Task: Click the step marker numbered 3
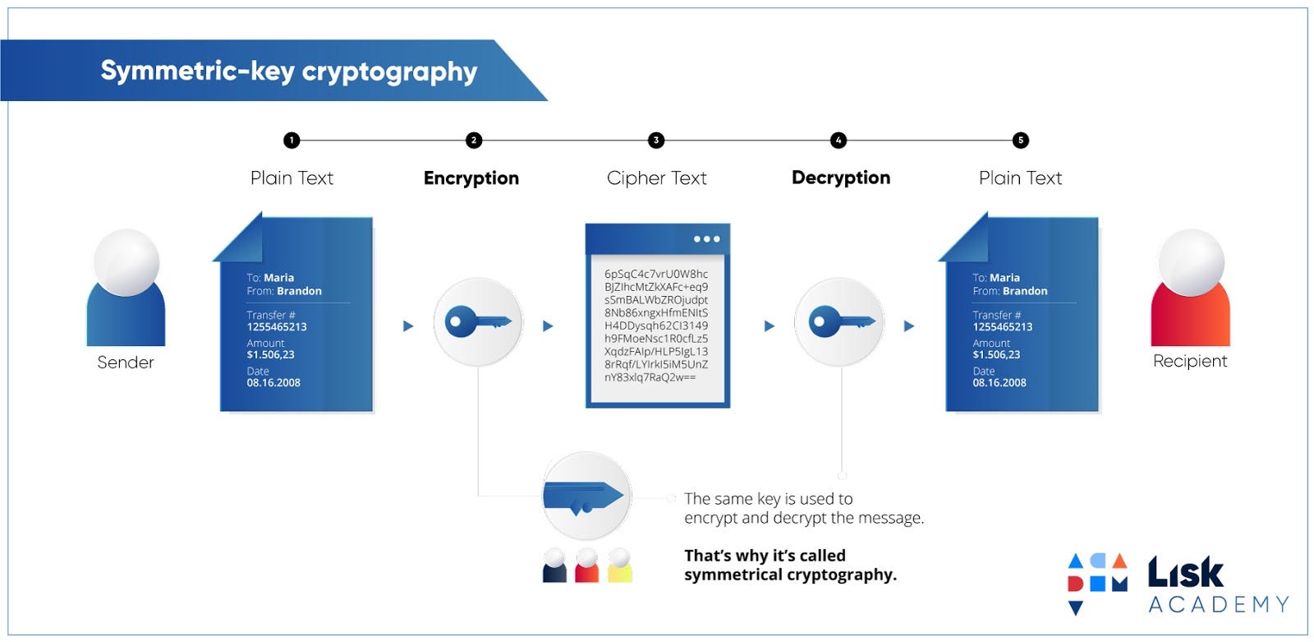point(655,141)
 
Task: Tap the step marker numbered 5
point(1020,141)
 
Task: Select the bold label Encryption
point(471,178)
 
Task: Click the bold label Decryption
point(840,178)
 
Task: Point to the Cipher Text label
point(656,178)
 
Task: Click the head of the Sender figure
point(126,261)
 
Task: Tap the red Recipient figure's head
point(1190,261)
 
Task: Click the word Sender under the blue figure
point(126,363)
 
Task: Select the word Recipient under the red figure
point(1189,361)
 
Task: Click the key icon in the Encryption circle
point(477,321)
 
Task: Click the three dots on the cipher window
point(705,239)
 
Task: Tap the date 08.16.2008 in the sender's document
point(273,383)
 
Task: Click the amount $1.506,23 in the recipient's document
point(996,355)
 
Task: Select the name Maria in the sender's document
point(279,278)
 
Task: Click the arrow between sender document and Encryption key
point(408,326)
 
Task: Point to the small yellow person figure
point(619,566)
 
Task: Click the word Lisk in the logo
point(1185,572)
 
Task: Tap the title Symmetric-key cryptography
point(288,72)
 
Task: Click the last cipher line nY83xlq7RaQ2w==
point(650,377)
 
